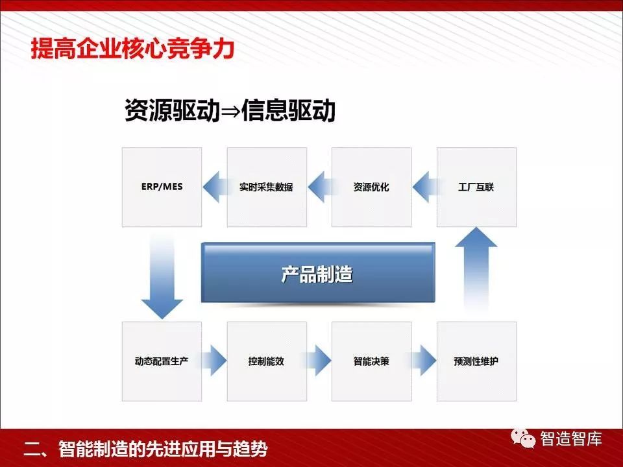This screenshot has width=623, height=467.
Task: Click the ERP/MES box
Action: [162, 187]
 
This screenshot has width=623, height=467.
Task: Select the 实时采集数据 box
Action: [267, 187]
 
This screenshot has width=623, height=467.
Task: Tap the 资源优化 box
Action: [371, 187]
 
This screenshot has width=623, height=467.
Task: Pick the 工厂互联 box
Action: [476, 187]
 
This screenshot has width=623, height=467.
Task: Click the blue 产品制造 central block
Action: [318, 273]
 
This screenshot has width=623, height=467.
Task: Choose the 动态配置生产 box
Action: [162, 361]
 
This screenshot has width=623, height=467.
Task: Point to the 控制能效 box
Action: [267, 361]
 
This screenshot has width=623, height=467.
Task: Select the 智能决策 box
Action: [371, 361]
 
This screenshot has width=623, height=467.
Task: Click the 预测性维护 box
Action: [476, 361]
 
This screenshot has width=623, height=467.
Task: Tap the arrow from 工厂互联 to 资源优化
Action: [426, 187]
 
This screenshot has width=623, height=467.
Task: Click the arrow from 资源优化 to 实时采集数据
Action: [321, 187]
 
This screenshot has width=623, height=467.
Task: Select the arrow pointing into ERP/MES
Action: [217, 187]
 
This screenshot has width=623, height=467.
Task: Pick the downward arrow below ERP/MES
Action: [162, 278]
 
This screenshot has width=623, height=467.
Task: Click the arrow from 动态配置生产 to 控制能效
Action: [214, 361]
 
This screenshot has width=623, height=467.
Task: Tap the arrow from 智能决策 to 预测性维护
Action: [424, 361]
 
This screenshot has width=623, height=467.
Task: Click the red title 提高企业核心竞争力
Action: [132, 49]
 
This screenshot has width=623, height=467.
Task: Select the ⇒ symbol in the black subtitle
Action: [230, 112]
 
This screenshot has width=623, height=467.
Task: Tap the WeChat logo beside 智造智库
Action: [523, 438]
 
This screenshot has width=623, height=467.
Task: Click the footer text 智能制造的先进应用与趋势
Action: [163, 449]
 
